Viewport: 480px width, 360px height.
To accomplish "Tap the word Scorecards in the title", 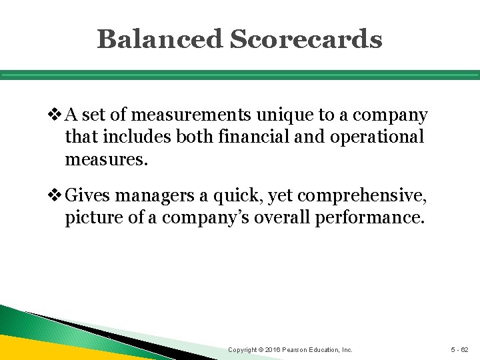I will (x=306, y=39).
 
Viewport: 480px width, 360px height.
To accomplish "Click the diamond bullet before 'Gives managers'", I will (x=57, y=196).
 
